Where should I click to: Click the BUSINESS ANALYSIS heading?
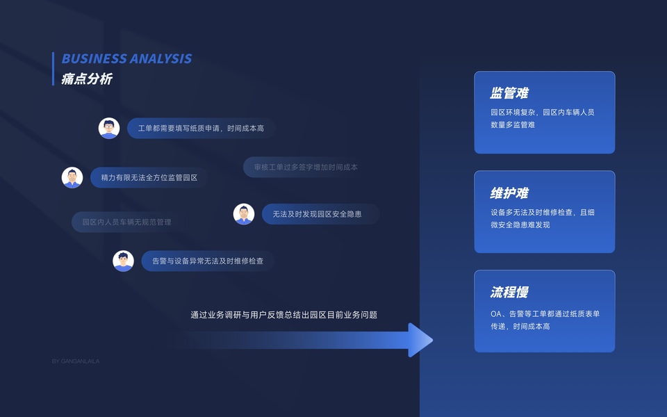126,59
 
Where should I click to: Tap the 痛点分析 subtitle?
87,79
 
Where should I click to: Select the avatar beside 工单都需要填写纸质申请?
109,128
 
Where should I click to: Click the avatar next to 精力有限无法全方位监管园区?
72,177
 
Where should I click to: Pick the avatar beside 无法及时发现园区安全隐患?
244,214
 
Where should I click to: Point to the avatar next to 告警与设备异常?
124,261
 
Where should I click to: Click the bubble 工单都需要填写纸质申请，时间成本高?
201,129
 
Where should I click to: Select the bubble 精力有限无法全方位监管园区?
149,178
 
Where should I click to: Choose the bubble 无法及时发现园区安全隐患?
320,214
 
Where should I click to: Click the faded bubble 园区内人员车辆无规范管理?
126,222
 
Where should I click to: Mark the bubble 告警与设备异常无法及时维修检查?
207,261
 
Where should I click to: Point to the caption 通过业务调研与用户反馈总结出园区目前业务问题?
283,315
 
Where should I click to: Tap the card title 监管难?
509,93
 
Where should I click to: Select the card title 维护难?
509,193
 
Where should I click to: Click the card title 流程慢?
509,292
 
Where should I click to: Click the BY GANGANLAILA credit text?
76,361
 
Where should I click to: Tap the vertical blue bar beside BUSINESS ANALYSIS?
53,69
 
